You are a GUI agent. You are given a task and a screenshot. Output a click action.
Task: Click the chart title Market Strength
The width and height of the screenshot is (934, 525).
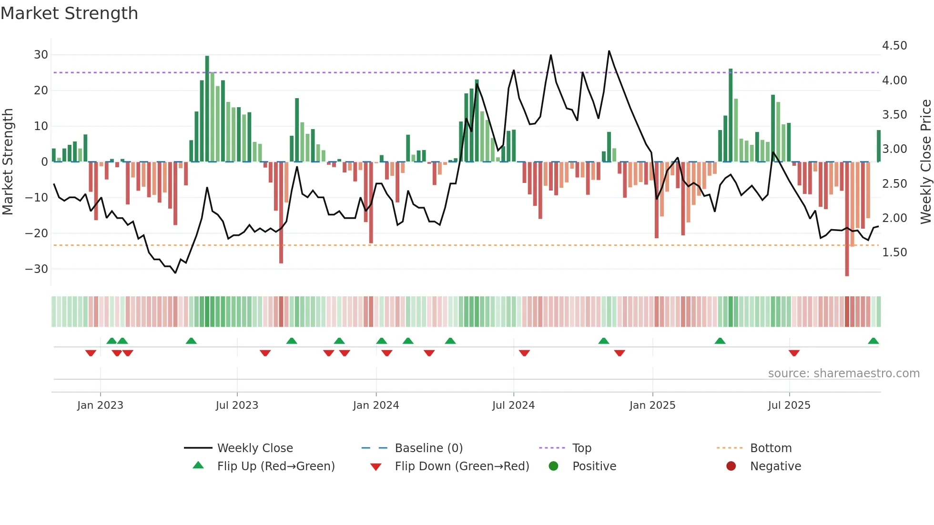coord(69,13)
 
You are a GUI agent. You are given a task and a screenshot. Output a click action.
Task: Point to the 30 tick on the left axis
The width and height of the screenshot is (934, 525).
coord(41,55)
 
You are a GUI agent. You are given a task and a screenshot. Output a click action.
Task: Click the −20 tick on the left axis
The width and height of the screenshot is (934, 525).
coord(37,233)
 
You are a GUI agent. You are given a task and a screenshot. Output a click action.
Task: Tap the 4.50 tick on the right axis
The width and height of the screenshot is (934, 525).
coord(894,46)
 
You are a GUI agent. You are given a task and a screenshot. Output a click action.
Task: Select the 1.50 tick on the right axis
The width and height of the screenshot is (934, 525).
coord(894,252)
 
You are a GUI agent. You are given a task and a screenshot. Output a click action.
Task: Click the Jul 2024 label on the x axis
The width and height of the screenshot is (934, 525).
coord(513,405)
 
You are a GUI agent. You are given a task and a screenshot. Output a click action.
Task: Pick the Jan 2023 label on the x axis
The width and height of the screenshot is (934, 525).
coord(100,405)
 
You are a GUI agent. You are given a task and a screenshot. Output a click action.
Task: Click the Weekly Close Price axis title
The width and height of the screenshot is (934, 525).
coord(925,162)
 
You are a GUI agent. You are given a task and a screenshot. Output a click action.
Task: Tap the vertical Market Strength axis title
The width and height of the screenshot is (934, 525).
coord(8,162)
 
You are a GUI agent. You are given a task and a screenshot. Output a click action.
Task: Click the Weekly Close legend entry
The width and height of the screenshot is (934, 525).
coord(255,448)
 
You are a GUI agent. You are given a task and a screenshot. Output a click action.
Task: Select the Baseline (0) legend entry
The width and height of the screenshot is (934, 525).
coord(428,448)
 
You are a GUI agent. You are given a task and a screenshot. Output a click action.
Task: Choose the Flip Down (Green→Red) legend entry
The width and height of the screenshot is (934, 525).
coord(462,466)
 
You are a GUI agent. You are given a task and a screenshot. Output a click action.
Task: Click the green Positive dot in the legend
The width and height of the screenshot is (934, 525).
coord(553,466)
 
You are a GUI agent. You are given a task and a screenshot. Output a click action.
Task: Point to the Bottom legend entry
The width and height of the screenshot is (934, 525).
coord(771,448)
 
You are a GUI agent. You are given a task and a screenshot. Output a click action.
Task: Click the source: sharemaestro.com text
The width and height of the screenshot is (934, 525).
coord(843,374)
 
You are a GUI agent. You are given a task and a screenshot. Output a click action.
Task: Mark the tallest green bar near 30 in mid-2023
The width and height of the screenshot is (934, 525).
coord(207,109)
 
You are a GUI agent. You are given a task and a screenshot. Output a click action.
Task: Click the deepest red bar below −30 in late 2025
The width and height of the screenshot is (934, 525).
coord(847,219)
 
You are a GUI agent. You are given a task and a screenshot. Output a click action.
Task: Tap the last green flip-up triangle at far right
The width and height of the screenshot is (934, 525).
coord(873,341)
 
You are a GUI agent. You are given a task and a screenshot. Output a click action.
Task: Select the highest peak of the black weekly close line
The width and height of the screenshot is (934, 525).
coord(609,51)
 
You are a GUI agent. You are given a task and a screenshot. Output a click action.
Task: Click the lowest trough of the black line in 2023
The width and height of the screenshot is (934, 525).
coord(175,273)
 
